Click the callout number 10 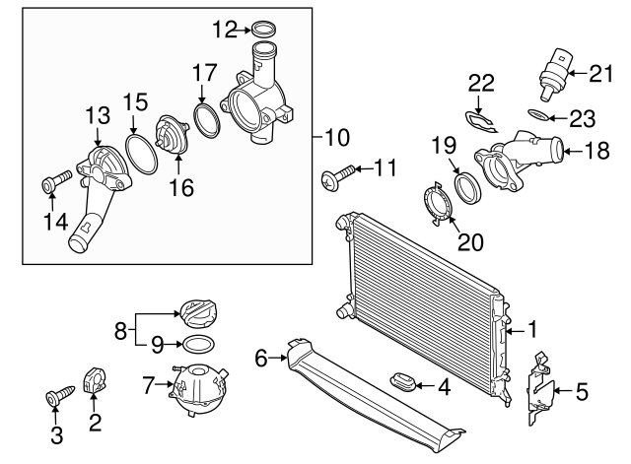[x=337, y=135]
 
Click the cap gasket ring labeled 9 [x=195, y=345]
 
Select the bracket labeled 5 [x=538, y=390]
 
